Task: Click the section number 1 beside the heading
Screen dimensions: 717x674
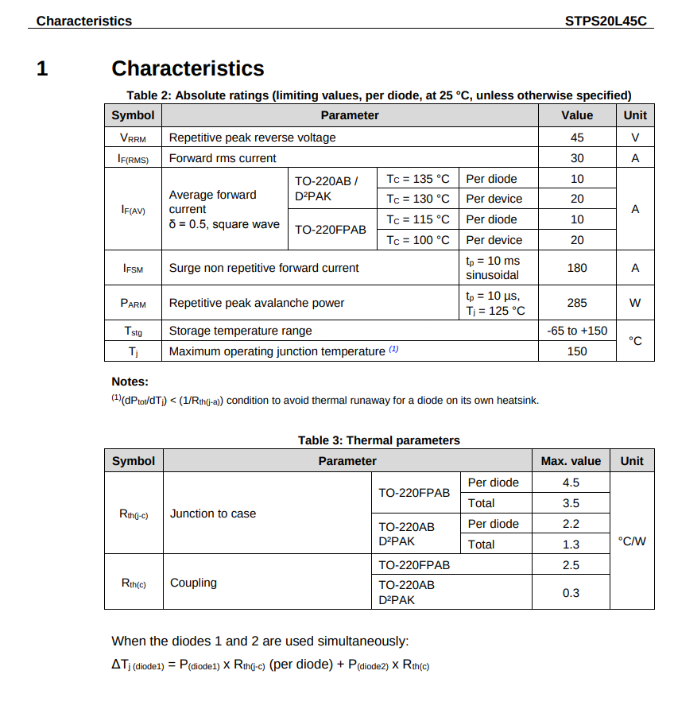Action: [x=42, y=69]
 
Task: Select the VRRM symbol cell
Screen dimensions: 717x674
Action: [x=133, y=138]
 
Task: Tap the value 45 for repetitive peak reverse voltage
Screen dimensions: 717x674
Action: [x=577, y=138]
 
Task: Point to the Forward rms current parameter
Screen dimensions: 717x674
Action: [x=223, y=158]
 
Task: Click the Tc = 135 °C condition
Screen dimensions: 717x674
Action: [x=418, y=179]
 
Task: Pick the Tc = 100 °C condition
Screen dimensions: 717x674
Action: [x=418, y=240]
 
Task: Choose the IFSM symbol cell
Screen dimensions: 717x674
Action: [x=133, y=268]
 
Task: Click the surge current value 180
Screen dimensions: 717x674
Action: [x=577, y=268]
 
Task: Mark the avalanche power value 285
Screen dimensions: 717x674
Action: [x=577, y=303]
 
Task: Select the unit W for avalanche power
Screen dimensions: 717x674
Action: [x=634, y=303]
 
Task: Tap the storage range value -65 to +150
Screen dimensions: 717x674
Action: [x=577, y=331]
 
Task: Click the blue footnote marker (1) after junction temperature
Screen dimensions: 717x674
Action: [x=393, y=350]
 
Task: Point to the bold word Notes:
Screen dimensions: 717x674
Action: [x=130, y=382]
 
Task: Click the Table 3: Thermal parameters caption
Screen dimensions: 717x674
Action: [x=379, y=440]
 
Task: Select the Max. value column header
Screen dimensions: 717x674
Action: [x=571, y=461]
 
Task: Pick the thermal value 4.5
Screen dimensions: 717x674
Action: [x=571, y=483]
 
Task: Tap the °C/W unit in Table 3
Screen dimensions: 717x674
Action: [x=632, y=541]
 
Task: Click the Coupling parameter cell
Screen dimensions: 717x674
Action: [x=193, y=583]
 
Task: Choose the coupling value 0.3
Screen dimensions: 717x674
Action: [x=571, y=593]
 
